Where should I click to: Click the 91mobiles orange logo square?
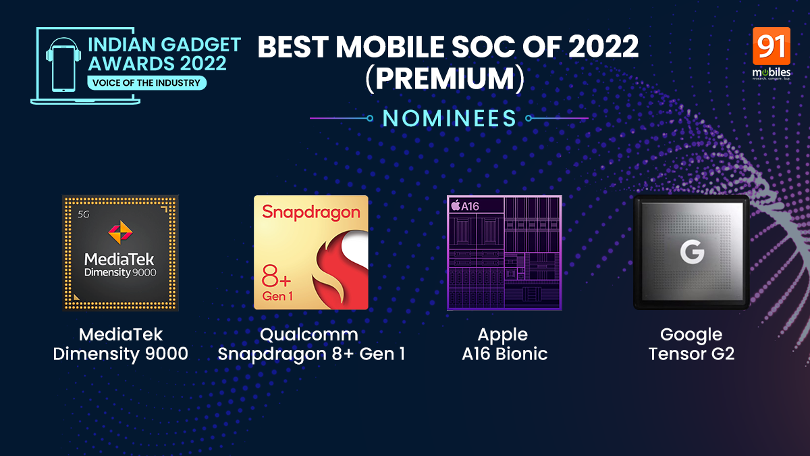772,46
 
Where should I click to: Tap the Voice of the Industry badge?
147,83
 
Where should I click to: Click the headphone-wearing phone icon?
63,65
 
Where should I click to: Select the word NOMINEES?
449,118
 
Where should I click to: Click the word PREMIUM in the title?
445,78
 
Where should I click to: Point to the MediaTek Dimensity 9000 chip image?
120,253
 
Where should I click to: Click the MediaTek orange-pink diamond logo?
120,232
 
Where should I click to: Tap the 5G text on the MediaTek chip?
84,215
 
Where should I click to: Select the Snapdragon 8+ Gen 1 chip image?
311,253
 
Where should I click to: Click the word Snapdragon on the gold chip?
311,212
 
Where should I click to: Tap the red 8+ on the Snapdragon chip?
276,276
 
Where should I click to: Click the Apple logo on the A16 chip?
456,205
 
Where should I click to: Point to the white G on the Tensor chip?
692,252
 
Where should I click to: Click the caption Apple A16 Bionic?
504,344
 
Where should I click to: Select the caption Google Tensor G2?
691,344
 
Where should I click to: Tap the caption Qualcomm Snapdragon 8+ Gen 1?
311,344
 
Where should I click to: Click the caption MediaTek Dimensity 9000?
120,344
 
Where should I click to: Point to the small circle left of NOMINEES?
370,118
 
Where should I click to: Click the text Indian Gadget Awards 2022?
164,54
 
